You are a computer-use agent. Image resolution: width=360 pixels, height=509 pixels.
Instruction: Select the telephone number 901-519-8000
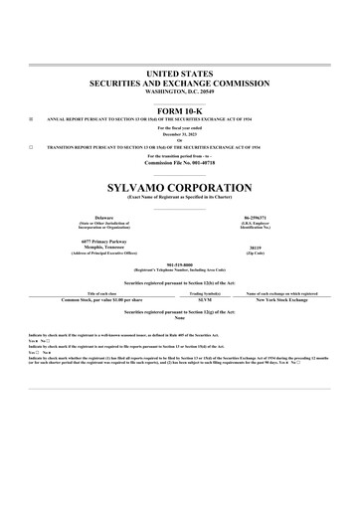coord(179,263)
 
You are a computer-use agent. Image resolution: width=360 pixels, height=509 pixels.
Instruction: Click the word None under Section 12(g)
coord(179,317)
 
